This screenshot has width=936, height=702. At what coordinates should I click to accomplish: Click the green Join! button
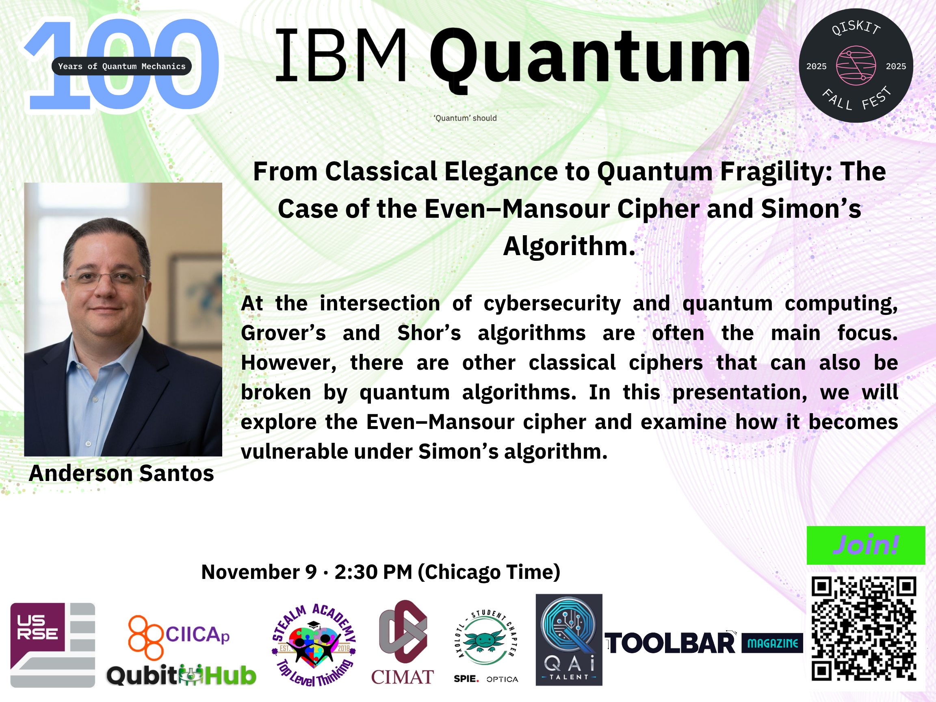[866, 545]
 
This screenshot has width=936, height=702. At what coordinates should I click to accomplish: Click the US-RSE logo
[52, 645]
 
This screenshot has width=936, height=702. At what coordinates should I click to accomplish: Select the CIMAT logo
[403, 642]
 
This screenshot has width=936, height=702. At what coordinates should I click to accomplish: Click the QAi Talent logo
[569, 640]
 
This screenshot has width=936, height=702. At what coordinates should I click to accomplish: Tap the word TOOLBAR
[670, 643]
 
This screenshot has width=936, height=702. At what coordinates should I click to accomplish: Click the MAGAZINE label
[772, 643]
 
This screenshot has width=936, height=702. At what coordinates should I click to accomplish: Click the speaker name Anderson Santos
[121, 473]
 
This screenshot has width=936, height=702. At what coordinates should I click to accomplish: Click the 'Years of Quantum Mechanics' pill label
[121, 66]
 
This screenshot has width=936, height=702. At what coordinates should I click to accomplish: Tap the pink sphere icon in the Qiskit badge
[856, 65]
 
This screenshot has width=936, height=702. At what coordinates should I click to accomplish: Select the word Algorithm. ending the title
[569, 246]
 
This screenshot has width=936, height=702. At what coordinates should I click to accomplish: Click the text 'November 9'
[259, 572]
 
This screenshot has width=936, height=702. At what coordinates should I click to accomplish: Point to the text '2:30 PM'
[373, 572]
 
